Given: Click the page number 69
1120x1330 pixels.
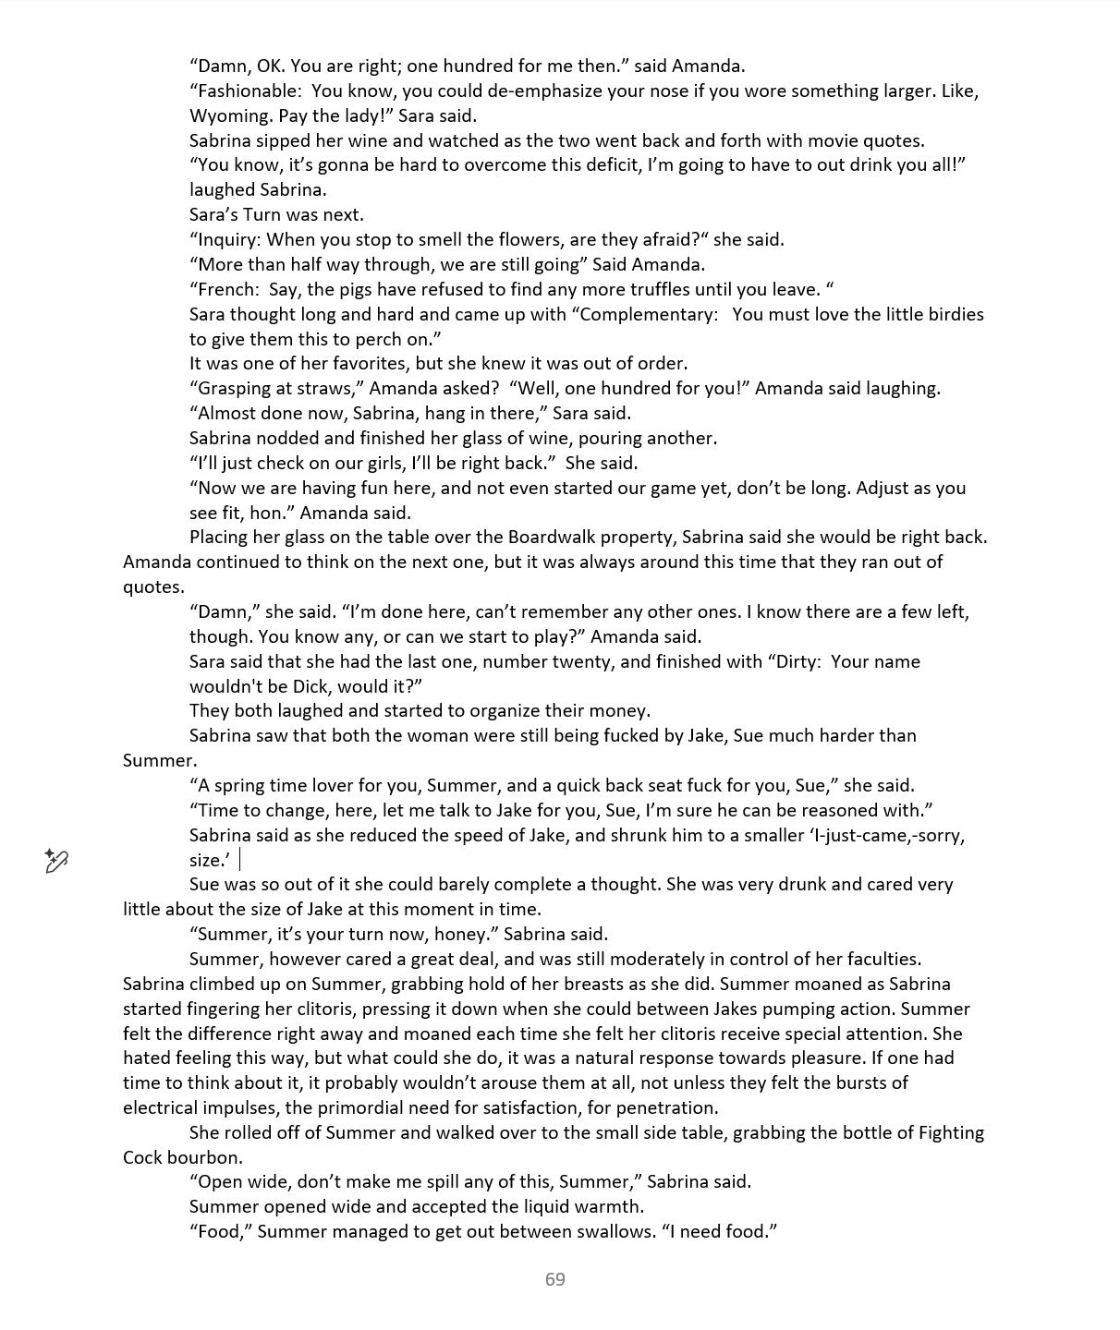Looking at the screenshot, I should [x=555, y=1279].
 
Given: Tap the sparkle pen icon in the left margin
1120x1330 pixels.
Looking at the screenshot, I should [x=56, y=861].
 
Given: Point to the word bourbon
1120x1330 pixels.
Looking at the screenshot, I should [x=209, y=1158].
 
